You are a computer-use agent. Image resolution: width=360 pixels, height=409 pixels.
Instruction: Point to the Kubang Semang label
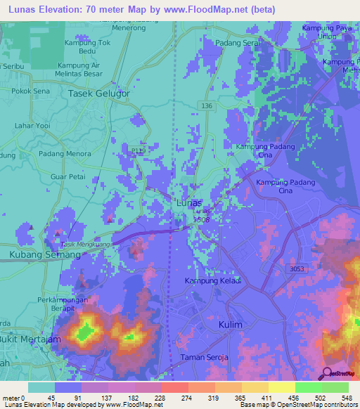tap(44, 254)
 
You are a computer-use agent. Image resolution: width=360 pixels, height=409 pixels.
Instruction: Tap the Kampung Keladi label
tap(212, 281)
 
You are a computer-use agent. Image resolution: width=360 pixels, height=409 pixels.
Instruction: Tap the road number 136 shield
tap(206, 105)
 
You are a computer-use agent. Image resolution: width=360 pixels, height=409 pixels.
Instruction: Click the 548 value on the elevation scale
tap(345, 398)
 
